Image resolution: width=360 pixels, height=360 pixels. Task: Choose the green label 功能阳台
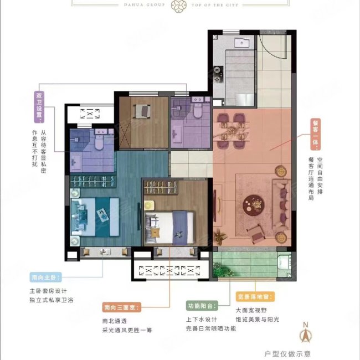click(x=201, y=306)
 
